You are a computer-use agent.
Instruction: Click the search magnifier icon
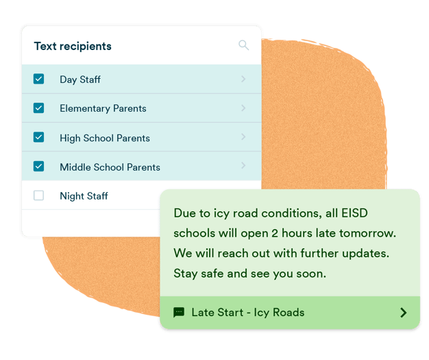243,45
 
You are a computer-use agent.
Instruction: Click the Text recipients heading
73,46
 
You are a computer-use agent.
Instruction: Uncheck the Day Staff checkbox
38,79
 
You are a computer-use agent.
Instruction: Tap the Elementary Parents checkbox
38,108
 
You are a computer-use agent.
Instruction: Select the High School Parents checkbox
38,137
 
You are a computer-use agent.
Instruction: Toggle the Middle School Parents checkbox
38,166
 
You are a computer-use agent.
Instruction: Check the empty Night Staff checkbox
38,195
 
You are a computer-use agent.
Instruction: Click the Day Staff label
80,80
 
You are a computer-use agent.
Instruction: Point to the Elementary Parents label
103,108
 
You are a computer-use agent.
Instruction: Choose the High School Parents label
105,138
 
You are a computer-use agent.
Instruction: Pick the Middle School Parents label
110,167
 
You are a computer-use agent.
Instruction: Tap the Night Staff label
84,196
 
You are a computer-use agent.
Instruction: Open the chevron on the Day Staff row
243,79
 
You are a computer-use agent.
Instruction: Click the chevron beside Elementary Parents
243,108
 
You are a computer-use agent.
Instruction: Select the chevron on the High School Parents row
243,136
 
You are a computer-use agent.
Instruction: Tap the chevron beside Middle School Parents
243,165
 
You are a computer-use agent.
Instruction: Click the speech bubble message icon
179,313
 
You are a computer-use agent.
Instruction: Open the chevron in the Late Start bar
403,313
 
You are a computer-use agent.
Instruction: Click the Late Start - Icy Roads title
248,313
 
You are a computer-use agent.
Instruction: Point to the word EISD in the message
354,213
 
